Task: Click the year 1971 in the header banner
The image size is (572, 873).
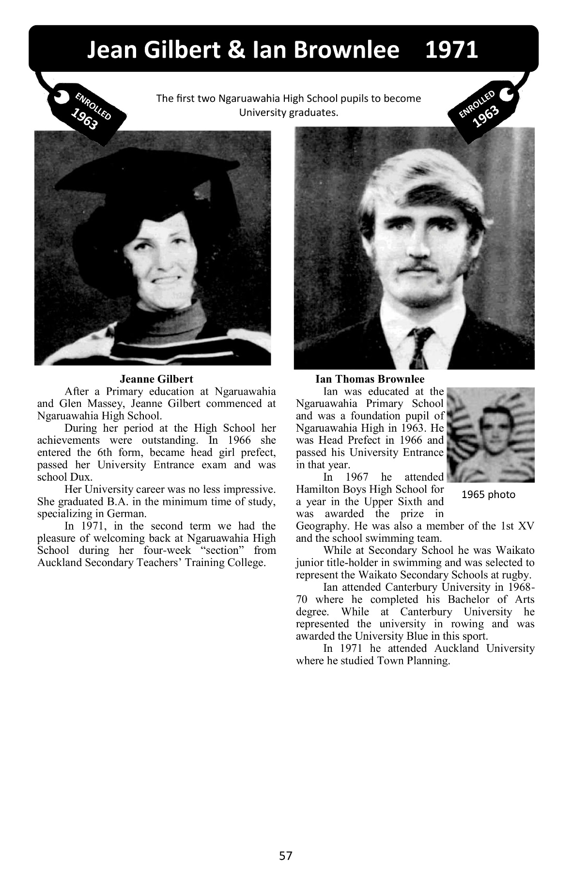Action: pos(451,50)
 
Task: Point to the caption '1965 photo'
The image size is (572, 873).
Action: pos(488,495)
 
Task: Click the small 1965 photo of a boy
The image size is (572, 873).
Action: pos(490,435)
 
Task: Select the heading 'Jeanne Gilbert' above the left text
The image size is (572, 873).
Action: pos(156,379)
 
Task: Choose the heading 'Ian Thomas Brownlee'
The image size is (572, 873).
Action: pos(370,379)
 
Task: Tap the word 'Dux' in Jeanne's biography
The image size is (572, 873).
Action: pos(82,477)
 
